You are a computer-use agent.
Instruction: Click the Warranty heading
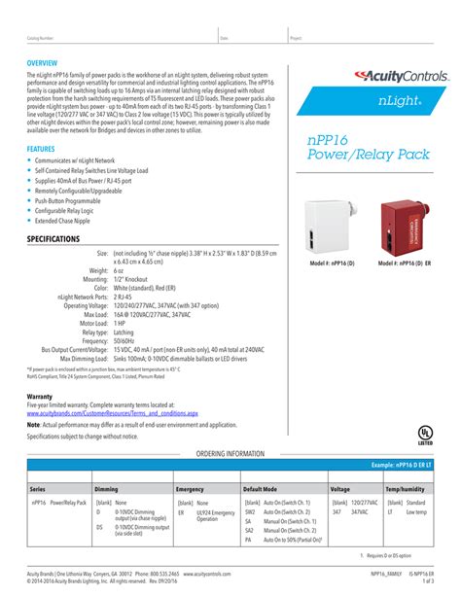40,397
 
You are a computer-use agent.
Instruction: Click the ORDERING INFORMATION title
230,454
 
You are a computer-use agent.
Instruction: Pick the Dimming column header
106,489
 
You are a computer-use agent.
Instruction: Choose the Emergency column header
190,489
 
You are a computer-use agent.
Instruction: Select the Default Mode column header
261,489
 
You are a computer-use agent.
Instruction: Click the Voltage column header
340,489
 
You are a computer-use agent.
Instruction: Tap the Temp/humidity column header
407,489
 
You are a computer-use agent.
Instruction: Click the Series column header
38,489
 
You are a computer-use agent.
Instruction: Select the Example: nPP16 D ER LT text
397,467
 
